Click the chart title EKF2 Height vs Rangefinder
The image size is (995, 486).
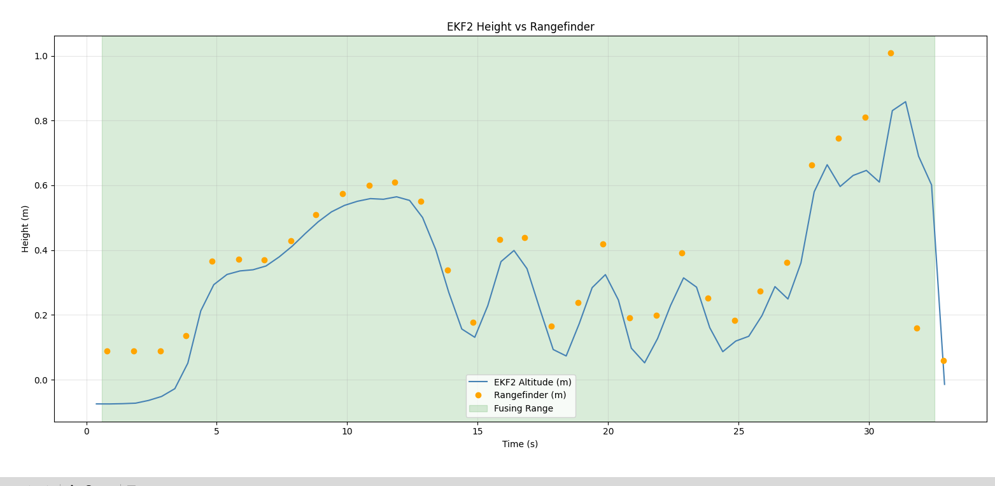pyautogui.click(x=520, y=27)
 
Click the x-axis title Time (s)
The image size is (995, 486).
pyautogui.click(x=520, y=444)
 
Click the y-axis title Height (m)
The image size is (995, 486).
pyautogui.click(x=25, y=229)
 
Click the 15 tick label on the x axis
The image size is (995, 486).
pyautogui.click(x=477, y=432)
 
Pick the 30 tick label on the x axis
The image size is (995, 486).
pyautogui.click(x=869, y=432)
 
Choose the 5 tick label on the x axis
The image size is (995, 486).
pyautogui.click(x=216, y=432)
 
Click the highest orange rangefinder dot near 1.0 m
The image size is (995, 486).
pyautogui.click(x=891, y=53)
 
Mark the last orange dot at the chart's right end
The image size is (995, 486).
pyautogui.click(x=943, y=361)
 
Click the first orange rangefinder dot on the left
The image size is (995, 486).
pyautogui.click(x=107, y=351)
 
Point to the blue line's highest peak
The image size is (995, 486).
pyautogui.click(x=905, y=102)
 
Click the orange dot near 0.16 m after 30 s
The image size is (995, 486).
pyautogui.click(x=917, y=328)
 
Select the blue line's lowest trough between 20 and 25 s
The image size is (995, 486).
pyautogui.click(x=644, y=362)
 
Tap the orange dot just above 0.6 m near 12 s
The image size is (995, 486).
pyautogui.click(x=395, y=182)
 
